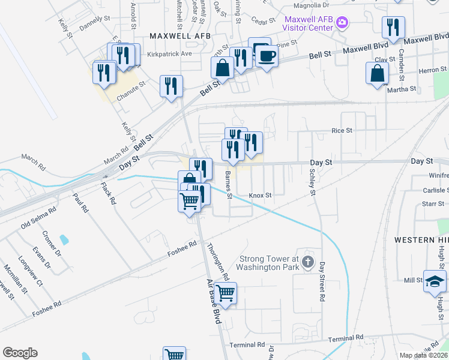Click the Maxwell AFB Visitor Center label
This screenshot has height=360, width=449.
point(309,22)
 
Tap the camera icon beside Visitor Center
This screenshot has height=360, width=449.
point(343,23)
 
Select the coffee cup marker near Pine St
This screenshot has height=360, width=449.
point(267,56)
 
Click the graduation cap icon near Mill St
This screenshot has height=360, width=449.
point(435,281)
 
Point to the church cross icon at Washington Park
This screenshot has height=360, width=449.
point(308,262)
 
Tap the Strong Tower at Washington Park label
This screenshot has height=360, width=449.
point(268,263)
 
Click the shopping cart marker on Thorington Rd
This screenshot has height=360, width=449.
point(225,293)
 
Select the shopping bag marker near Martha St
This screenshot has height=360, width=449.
point(378,74)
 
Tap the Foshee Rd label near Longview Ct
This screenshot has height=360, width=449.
point(47,305)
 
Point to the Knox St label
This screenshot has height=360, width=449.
point(261,196)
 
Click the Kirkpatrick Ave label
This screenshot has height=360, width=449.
point(169,53)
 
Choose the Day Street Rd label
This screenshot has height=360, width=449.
point(322,281)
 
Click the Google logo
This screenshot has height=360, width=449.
point(20,353)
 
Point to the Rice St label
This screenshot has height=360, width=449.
point(342,130)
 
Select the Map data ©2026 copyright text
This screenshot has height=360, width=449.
point(423,355)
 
